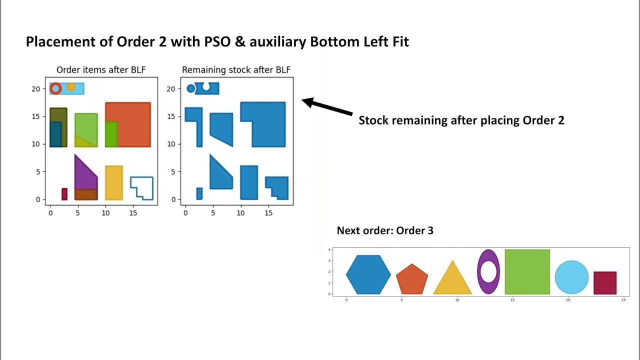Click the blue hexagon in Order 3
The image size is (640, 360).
click(x=368, y=274)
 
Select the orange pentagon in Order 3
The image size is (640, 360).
click(x=412, y=279)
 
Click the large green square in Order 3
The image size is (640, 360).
click(x=527, y=271)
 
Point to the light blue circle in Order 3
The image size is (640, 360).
click(x=571, y=277)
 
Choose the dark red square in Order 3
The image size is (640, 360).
click(x=604, y=282)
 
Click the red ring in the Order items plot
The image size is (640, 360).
click(x=55, y=89)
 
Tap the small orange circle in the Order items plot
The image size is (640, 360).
click(x=71, y=87)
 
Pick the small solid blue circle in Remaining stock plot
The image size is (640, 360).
click(x=190, y=88)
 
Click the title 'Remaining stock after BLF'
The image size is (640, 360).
click(x=236, y=70)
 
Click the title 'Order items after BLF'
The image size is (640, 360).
click(x=101, y=70)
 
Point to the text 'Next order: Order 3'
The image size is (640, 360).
click(x=385, y=230)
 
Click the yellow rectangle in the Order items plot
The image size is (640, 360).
click(x=114, y=182)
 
